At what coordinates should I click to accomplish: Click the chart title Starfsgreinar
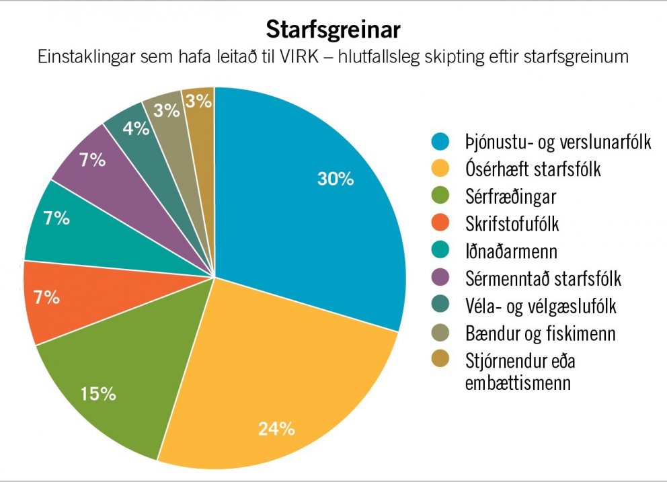pos(333,30)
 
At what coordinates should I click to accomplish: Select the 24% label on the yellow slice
pos(276,428)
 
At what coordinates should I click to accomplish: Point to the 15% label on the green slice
pos(98,393)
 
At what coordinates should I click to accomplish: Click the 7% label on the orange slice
pos(46,296)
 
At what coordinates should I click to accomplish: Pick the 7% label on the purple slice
pos(91,160)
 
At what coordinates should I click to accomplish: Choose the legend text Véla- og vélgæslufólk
pos(541,306)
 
